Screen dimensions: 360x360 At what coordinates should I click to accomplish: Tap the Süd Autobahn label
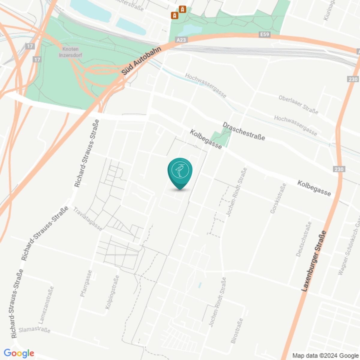141,61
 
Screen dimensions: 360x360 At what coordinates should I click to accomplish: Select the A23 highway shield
181,40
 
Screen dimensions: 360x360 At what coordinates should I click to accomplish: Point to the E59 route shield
264,34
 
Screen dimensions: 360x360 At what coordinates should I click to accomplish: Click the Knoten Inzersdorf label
70,52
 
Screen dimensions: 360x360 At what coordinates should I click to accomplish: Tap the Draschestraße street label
244,131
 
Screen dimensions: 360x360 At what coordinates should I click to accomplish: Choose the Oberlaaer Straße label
298,105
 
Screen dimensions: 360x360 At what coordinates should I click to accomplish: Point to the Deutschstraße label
304,239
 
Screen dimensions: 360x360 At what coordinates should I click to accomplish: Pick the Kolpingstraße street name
112,292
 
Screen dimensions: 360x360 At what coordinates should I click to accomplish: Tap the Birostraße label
237,331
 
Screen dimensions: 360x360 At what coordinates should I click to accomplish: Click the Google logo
19,353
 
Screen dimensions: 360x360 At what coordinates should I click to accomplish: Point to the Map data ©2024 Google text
325,356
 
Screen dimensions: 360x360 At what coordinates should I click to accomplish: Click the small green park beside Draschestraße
221,136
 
